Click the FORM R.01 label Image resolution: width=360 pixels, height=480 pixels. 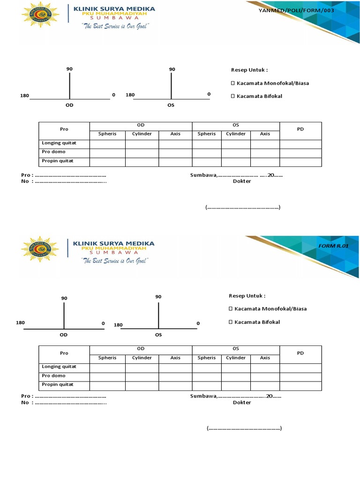click(x=333, y=246)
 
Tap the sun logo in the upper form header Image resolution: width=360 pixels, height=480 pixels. click(x=40, y=15)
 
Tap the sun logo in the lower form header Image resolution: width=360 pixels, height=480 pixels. click(x=40, y=249)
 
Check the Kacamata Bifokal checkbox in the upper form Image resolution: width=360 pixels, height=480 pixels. click(x=232, y=96)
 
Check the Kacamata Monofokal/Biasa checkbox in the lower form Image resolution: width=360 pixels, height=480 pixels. click(x=231, y=309)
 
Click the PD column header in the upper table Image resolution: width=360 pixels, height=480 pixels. click(x=300, y=129)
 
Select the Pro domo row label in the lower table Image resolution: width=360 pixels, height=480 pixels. click(x=53, y=375)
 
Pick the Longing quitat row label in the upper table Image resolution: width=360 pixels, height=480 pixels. click(x=59, y=142)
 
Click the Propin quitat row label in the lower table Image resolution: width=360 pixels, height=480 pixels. click(x=58, y=384)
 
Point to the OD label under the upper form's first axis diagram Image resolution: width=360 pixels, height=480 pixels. click(x=69, y=105)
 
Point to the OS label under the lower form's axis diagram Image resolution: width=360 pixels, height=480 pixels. click(x=158, y=335)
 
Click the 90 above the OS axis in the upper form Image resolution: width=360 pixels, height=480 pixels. click(x=172, y=69)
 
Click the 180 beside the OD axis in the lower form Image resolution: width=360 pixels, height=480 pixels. click(x=20, y=323)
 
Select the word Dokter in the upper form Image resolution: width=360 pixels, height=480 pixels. click(x=242, y=181)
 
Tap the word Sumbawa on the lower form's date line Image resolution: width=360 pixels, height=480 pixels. click(x=203, y=396)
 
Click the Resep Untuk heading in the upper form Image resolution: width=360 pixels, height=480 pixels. click(x=249, y=70)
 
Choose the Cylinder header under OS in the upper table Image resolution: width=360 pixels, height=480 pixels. click(x=236, y=134)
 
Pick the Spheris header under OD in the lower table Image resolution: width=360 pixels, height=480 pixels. click(x=107, y=358)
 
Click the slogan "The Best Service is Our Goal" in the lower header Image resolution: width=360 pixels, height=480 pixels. click(x=115, y=260)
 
